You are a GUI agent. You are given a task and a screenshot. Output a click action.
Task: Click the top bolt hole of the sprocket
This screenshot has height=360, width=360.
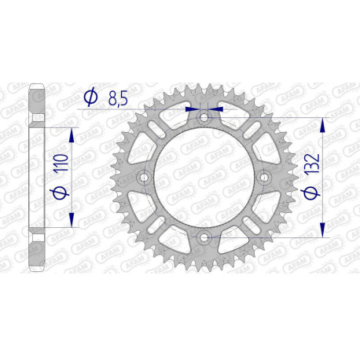(x=204, y=117)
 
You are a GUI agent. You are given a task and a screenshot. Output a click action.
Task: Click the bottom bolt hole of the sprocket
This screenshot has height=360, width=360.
(x=204, y=237)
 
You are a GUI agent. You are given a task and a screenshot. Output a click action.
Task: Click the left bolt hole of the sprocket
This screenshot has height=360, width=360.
(x=144, y=178)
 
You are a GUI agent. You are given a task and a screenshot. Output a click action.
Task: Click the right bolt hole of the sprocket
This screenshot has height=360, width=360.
(x=263, y=178)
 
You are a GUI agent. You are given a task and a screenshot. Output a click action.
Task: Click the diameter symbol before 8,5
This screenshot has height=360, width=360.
(x=90, y=97)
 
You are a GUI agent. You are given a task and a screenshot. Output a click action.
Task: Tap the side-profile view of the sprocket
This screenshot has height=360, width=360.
(x=35, y=177)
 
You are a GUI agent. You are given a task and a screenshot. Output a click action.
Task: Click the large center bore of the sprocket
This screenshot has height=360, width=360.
(x=204, y=178)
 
